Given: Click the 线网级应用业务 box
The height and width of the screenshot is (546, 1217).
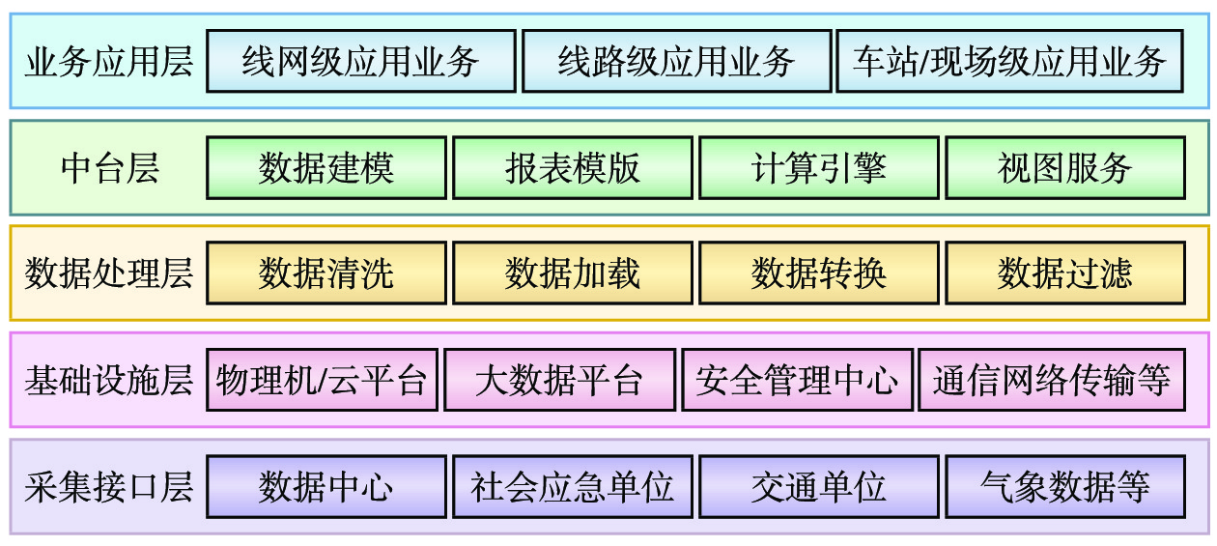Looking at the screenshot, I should pos(360,62).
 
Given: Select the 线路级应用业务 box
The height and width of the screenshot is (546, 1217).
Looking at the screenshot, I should pos(676,62).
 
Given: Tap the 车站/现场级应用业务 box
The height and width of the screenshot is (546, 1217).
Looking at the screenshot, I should pos(1009,62).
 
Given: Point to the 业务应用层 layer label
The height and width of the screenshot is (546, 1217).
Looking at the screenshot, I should pos(109,63).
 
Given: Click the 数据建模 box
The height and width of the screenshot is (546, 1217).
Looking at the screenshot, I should pos(326,168).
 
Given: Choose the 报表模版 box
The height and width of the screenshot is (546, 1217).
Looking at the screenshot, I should pos(573,168).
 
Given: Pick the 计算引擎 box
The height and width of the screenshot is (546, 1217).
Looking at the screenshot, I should pos(819,168).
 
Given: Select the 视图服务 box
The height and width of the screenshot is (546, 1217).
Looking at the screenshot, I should pos(1065,168).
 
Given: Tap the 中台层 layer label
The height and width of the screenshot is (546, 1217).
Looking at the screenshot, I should pos(109,169).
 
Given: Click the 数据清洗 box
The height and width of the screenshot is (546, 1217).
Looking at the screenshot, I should pos(326,273).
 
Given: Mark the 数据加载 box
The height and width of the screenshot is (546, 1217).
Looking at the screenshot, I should pos(573,273).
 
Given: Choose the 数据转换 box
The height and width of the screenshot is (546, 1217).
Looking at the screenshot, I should pos(819,273).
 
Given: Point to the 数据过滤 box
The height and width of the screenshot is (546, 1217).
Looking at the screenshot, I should pos(1065,273).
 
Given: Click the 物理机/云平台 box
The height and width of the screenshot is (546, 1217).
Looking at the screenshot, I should pos(322,380).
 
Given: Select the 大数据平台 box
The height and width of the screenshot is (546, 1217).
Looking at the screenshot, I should pos(559,380).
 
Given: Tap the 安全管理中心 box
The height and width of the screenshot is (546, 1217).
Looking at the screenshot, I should pos(797,380).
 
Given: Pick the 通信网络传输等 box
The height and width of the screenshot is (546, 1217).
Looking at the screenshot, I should pos(1052,380).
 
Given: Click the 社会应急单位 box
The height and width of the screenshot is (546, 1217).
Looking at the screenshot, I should pos(573,486).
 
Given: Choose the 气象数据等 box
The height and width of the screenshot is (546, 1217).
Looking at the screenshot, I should pos(1065,486).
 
